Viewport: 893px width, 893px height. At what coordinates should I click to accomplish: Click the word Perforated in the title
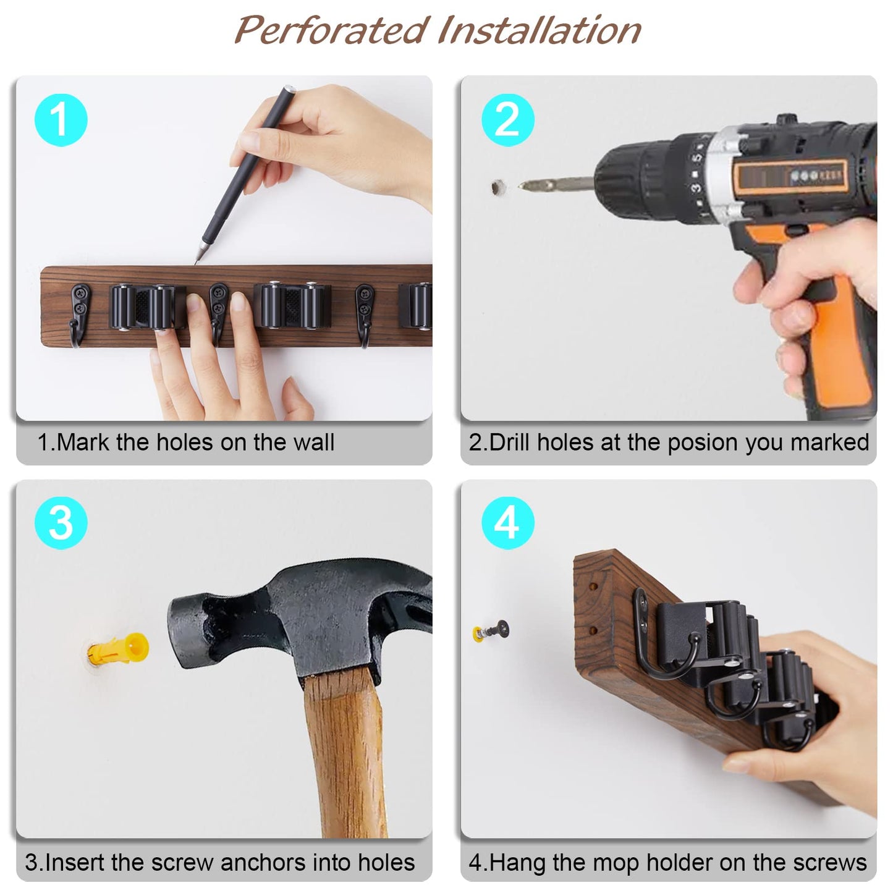[332, 30]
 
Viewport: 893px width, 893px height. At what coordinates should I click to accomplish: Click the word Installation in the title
[540, 30]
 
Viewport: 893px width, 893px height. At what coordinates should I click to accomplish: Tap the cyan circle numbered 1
[61, 119]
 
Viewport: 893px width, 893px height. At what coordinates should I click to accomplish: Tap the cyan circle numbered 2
[507, 119]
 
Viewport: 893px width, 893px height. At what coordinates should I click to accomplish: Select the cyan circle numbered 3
[61, 523]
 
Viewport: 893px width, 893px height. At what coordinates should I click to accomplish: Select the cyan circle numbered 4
[507, 523]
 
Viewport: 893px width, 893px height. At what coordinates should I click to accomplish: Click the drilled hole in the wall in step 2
[498, 186]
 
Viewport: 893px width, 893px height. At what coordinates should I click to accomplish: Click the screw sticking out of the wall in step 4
[494, 631]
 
